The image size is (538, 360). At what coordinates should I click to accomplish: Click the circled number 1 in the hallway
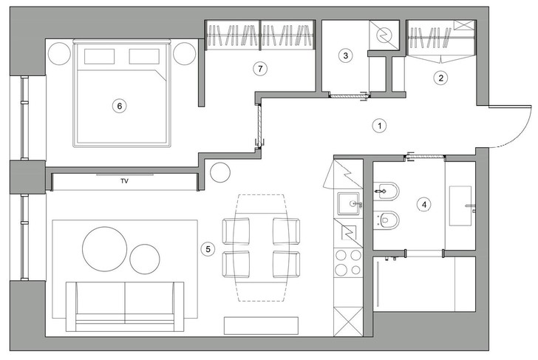coord(380,126)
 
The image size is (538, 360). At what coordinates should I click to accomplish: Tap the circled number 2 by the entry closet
coord(441,78)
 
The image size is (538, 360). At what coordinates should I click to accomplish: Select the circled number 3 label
coord(346,55)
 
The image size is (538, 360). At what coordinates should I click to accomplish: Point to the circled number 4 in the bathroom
coord(424,205)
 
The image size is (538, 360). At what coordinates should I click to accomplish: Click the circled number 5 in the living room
coord(208,249)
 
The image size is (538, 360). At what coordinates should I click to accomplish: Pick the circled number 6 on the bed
coord(120,106)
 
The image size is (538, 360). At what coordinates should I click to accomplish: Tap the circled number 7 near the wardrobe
coord(260,69)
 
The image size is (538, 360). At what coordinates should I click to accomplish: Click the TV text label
coord(125,181)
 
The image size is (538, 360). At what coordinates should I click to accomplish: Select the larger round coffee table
coord(105,249)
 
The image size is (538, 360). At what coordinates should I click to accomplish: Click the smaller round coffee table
coord(145,259)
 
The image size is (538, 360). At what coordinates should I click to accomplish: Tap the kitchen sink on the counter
coord(349,203)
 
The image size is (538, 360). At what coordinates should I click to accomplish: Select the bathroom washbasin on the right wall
coord(460,206)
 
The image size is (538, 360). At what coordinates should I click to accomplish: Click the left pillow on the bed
coord(99,56)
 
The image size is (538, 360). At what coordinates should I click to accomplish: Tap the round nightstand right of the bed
coord(185,53)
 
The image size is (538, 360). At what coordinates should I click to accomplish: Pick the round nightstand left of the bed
coord(59,53)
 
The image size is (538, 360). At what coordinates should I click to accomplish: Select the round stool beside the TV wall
coord(220,172)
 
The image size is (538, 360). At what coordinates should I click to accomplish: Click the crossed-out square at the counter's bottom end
coord(348,322)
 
